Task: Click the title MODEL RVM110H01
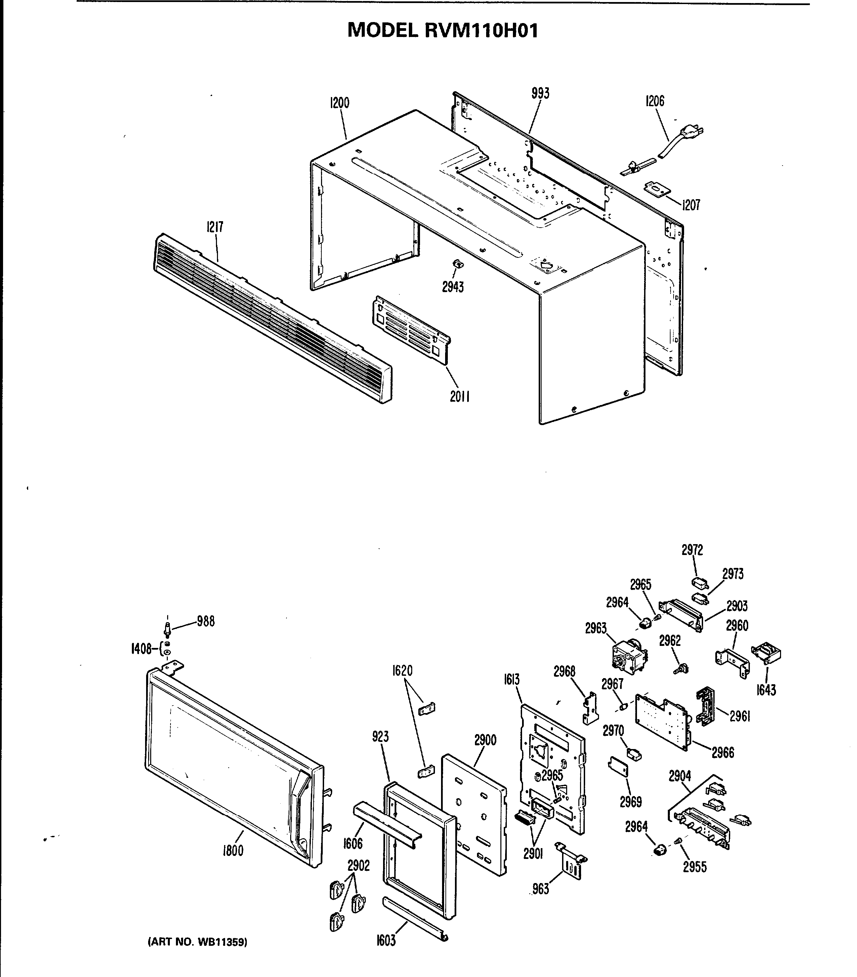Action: [x=442, y=31]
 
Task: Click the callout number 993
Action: [x=540, y=93]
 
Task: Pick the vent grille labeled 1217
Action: [x=272, y=318]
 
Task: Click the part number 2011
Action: [x=460, y=396]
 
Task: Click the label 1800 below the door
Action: [x=233, y=851]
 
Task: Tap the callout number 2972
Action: [x=692, y=550]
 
